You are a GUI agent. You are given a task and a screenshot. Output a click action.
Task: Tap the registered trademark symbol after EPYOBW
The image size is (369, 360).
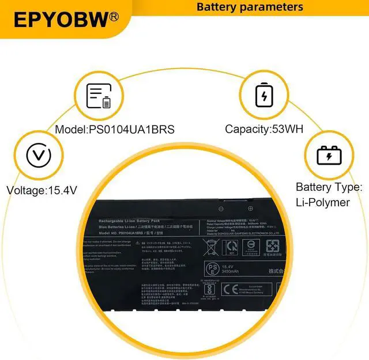tap(114, 17)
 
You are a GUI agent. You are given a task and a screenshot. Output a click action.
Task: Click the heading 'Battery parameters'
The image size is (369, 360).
tap(250, 7)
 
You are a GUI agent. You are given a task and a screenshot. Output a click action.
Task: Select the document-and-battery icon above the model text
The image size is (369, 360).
tap(98, 96)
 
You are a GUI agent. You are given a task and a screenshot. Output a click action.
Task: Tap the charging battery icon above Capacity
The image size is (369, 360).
tap(263, 96)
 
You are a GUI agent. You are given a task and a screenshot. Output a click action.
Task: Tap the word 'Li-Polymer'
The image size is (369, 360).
tap(323, 202)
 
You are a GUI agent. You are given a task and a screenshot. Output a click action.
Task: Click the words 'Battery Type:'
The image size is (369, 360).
tap(329, 187)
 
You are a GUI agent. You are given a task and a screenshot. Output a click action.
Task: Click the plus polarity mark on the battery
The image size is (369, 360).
tap(250, 209)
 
